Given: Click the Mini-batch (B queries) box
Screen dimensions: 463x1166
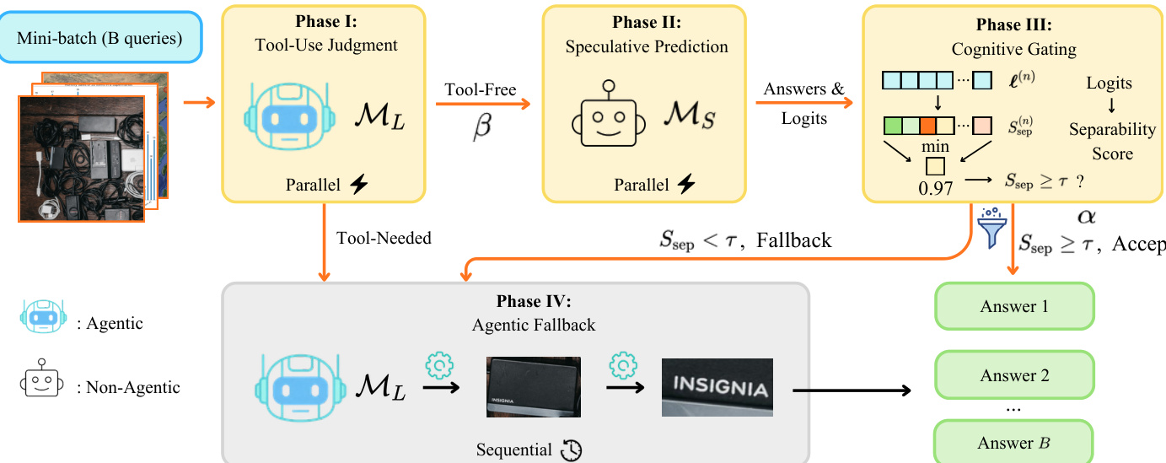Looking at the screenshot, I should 101,38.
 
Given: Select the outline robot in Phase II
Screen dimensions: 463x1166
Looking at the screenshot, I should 609,119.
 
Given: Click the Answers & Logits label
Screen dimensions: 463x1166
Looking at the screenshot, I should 803,103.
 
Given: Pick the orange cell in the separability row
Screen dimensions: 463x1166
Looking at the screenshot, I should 928,127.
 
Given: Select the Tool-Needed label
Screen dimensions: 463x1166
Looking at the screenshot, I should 383,238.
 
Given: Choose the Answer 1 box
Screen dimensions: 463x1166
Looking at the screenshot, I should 1014,306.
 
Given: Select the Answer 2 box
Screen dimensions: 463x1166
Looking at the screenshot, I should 1014,375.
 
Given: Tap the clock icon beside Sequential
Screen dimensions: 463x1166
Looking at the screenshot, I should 572,450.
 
